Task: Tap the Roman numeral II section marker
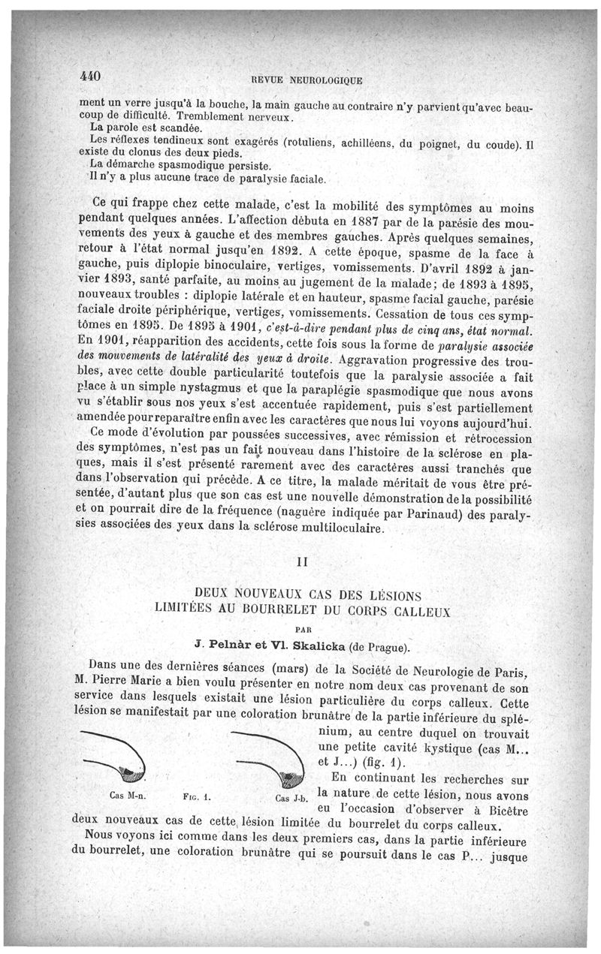[x=304, y=560]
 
